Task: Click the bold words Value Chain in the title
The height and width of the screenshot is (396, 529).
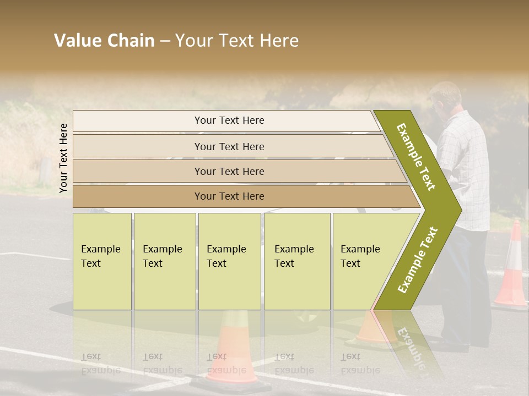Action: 104,41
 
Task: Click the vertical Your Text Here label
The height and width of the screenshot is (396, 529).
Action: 63,158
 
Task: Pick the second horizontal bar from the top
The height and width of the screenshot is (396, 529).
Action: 229,146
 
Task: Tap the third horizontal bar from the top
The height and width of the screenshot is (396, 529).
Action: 229,171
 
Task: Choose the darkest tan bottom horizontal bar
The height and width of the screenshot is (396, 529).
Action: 229,196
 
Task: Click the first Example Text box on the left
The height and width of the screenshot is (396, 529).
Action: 102,261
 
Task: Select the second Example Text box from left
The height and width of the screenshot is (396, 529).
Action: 164,261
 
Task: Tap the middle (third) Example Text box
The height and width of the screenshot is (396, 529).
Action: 229,261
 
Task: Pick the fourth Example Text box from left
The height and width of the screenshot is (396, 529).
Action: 297,261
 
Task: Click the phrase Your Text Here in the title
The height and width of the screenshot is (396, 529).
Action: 237,41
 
